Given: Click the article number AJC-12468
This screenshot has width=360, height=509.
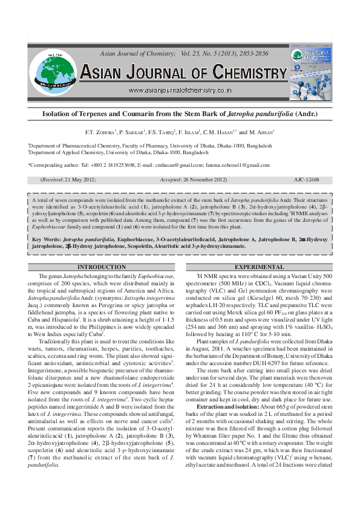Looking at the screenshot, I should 307,180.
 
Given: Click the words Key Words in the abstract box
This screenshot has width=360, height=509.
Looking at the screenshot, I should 45,239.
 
